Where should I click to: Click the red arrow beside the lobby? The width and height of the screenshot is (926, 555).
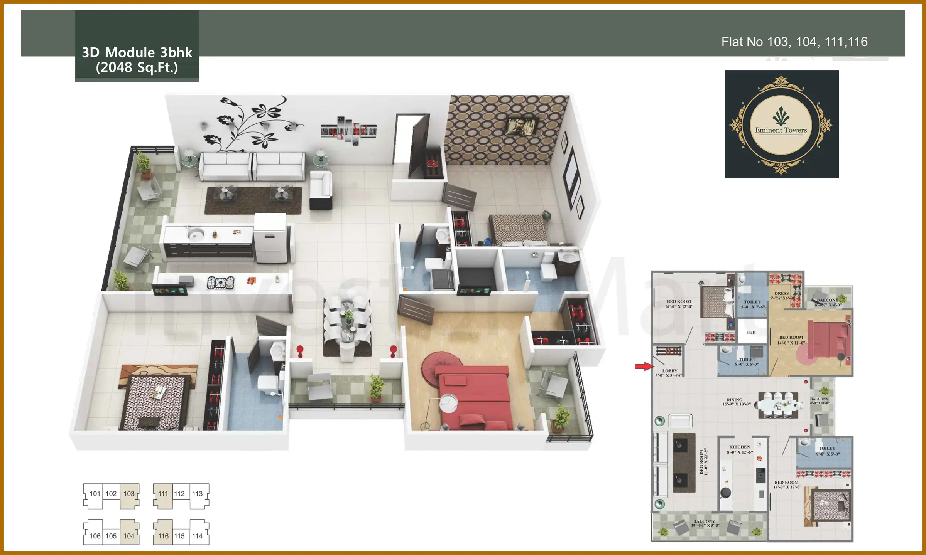click(644, 366)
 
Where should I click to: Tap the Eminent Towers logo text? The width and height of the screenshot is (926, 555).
click(781, 130)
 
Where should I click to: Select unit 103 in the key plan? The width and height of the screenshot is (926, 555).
click(129, 494)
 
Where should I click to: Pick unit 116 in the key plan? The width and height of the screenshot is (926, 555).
click(163, 536)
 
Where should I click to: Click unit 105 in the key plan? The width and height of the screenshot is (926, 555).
click(111, 536)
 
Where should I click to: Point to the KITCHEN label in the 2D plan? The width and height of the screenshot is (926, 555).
click(740, 447)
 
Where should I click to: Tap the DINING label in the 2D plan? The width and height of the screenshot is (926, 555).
click(734, 400)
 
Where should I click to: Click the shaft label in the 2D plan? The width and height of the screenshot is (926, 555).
click(751, 332)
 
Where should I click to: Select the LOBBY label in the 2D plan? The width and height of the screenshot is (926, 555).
click(670, 371)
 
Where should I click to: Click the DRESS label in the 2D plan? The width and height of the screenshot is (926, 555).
click(782, 293)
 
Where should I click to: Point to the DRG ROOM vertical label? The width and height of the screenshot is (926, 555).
click(704, 461)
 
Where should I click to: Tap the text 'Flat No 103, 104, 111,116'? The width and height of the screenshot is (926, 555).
click(794, 42)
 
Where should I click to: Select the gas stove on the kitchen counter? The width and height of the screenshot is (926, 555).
click(220, 283)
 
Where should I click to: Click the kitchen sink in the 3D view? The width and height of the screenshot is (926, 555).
click(196, 234)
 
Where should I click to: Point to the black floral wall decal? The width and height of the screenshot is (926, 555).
click(251, 123)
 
